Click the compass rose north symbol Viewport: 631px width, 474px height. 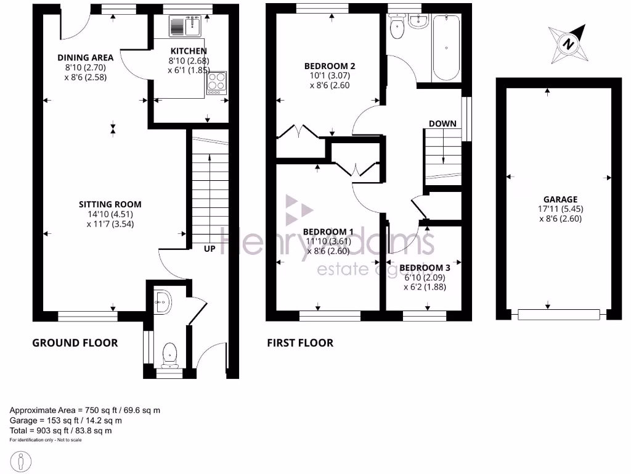tap(568, 44)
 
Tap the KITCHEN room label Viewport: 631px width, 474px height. tap(189, 51)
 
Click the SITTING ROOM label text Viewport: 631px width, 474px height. tap(110, 204)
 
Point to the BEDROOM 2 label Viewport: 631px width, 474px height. tap(330, 66)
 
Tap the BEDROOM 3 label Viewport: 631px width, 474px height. tap(425, 268)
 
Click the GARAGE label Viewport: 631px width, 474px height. tap(560, 199)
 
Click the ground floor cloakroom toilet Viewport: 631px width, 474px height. tap(169, 354)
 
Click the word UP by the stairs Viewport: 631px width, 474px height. tap(210, 249)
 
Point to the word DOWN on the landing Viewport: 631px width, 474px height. tap(442, 123)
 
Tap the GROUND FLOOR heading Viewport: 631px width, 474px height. tap(75, 343)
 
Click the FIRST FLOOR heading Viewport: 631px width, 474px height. tap(299, 343)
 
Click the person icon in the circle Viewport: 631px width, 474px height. tap(22, 461)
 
